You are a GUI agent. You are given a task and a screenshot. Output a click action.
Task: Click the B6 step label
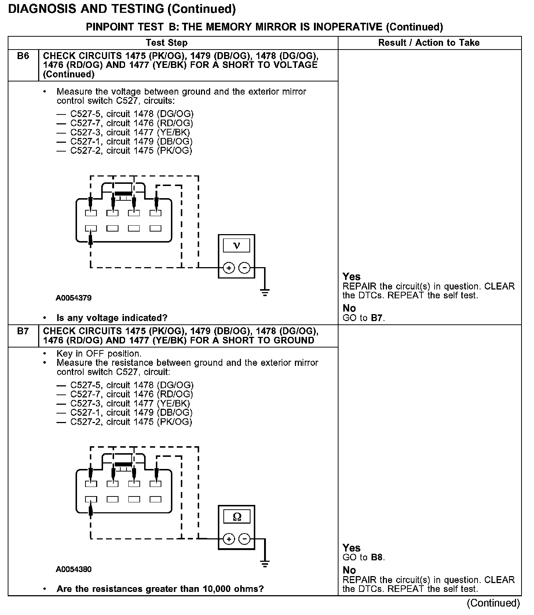coord(23,56)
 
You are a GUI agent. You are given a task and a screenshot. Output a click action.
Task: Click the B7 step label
coord(23,331)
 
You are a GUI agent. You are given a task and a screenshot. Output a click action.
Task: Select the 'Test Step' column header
coord(167,43)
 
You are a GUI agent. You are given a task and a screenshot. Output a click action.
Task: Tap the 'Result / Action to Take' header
coord(429,43)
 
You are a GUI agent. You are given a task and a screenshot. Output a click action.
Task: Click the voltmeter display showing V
coord(237,245)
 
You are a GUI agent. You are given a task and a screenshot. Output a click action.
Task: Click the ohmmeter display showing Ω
coord(237,517)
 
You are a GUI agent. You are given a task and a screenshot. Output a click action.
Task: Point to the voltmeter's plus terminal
coord(229,268)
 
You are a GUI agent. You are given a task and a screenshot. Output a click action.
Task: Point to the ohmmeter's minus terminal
coord(244,539)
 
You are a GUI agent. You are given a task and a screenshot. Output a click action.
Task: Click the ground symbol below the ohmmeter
coord(265,564)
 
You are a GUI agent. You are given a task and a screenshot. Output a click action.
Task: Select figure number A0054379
coord(74,298)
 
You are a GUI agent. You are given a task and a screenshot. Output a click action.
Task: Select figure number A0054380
coord(74,569)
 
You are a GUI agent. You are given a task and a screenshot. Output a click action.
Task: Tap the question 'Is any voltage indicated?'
coord(112,318)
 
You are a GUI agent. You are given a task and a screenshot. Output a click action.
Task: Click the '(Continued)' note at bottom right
coord(493,603)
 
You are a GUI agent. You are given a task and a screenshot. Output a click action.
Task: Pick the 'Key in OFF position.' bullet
coord(99,354)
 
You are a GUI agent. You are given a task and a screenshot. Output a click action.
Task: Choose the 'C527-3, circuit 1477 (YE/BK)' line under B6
coord(130,132)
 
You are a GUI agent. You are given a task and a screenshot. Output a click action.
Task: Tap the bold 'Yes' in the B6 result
coord(351,277)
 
